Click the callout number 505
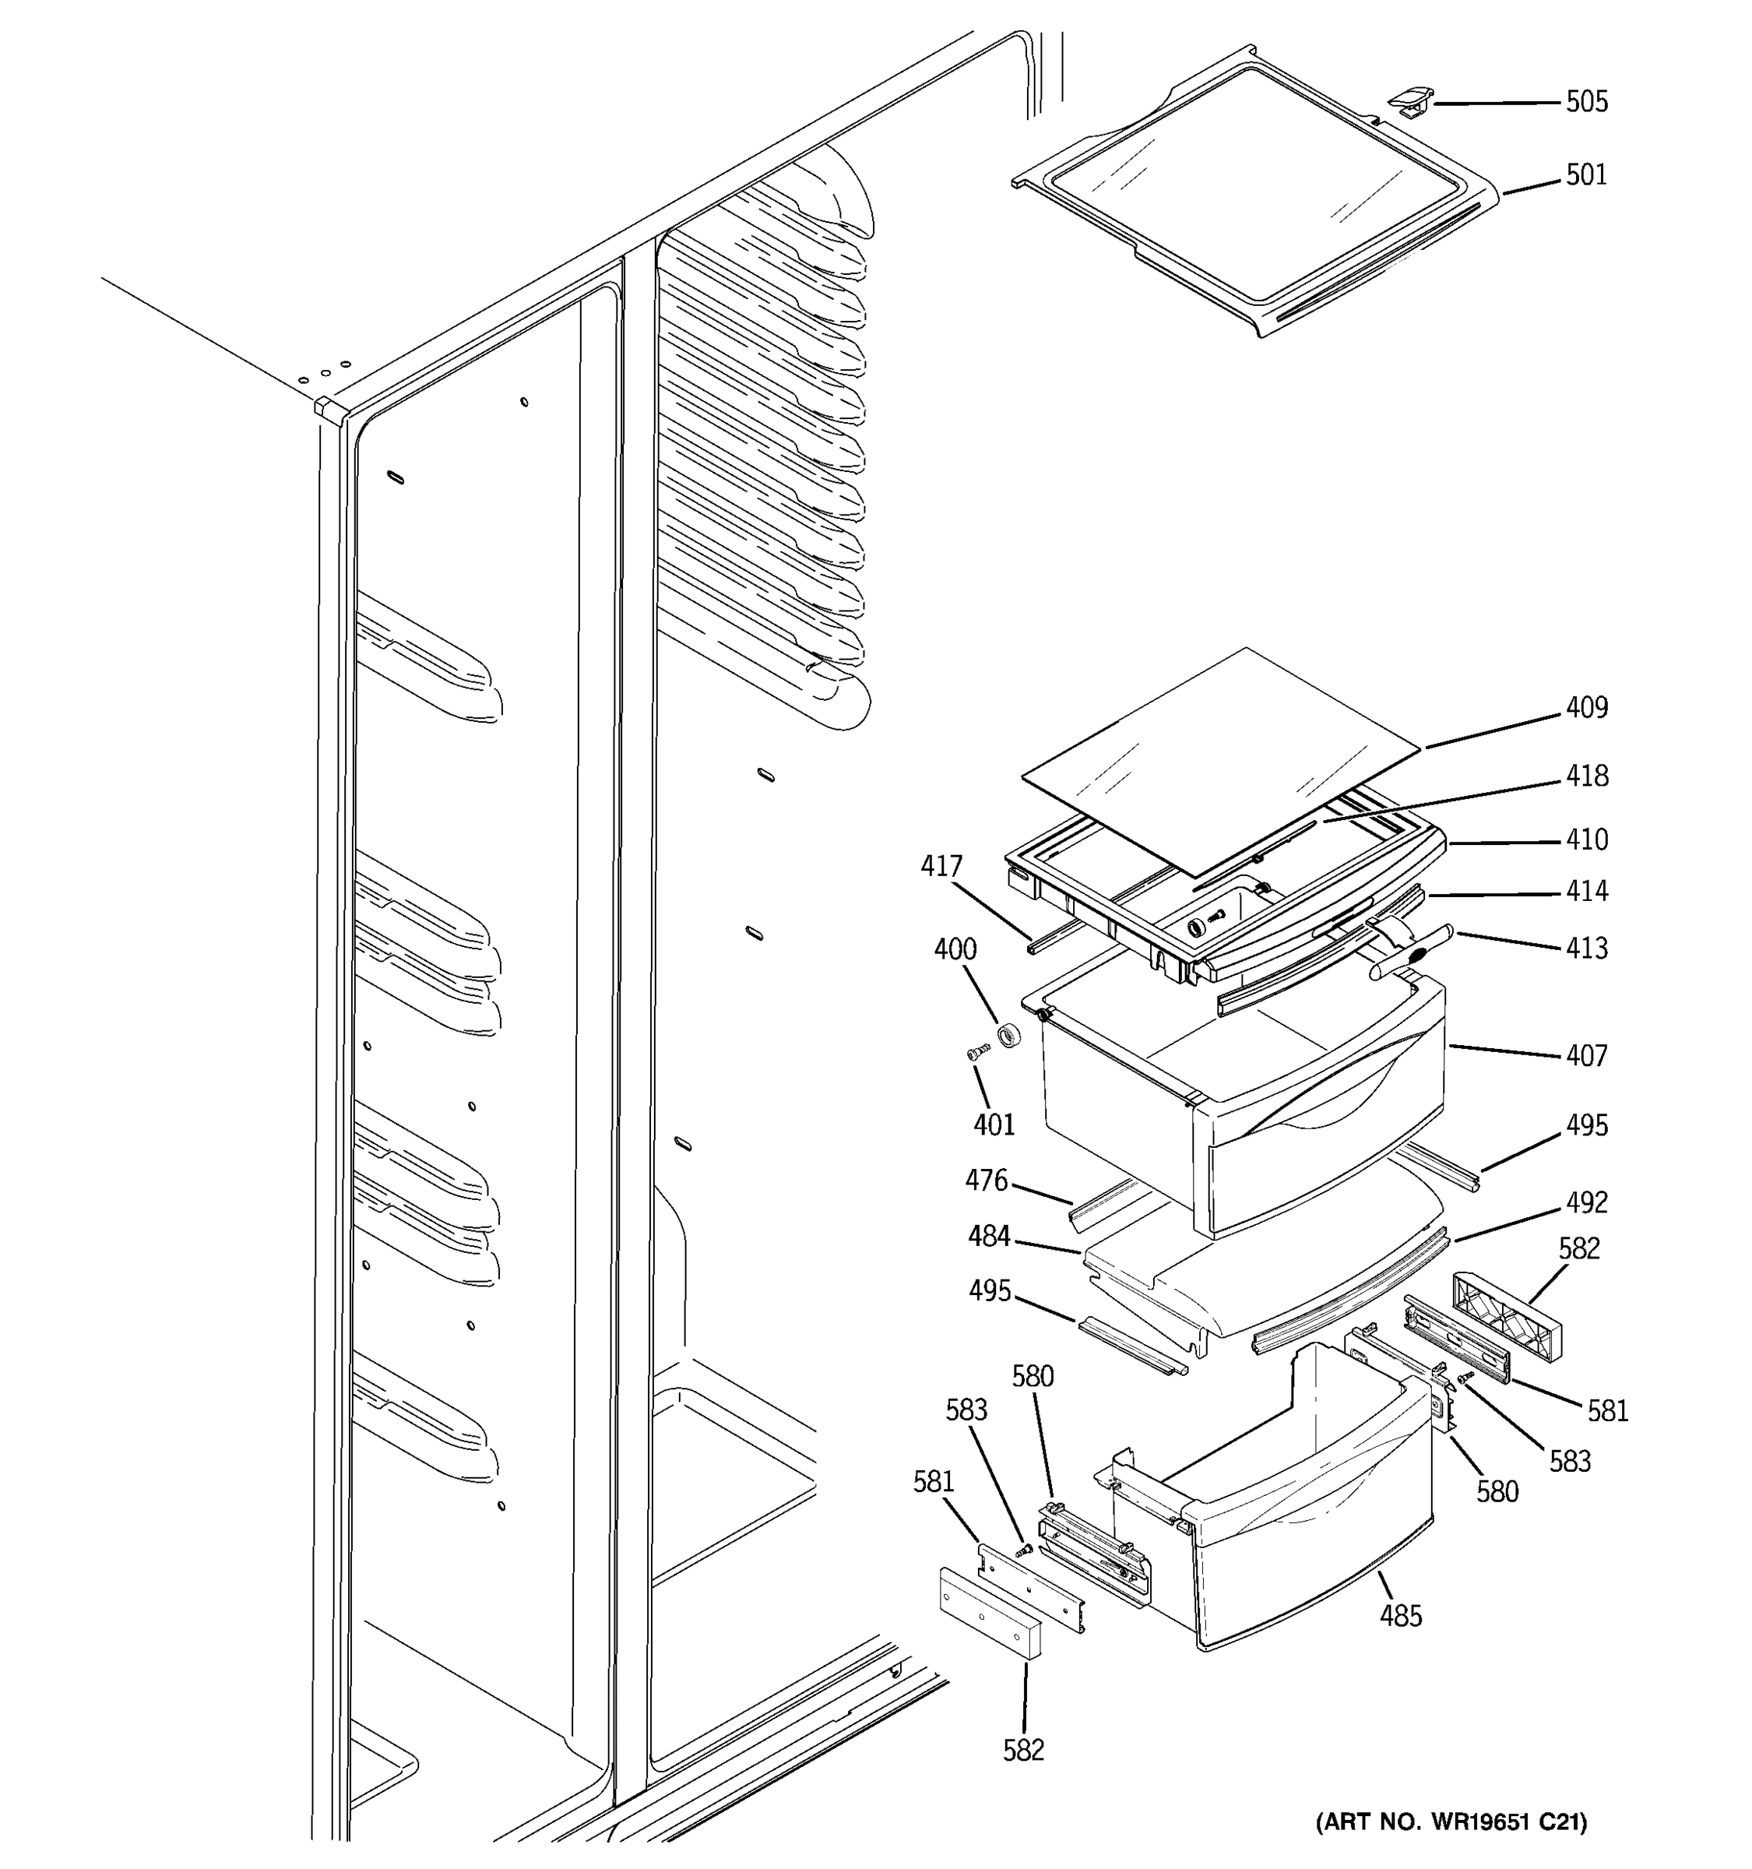(1587, 101)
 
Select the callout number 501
(1587, 175)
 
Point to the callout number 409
(1587, 708)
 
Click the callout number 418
(1587, 776)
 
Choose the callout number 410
(1587, 839)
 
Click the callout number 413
(1587, 948)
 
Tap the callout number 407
(1587, 1056)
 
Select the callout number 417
(941, 866)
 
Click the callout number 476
(986, 1180)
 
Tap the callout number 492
(1587, 1202)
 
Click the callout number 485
(1401, 1616)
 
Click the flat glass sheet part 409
(1222, 762)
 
